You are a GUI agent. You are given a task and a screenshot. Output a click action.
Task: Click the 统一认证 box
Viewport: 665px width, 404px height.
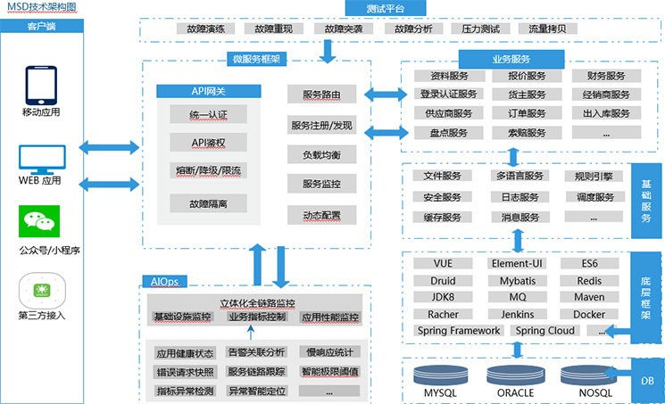[x=209, y=115]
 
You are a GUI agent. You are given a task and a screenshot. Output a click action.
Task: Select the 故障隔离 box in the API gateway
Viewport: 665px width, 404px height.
[x=209, y=203]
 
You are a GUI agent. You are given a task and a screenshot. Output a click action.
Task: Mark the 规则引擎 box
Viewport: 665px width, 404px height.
[x=593, y=176]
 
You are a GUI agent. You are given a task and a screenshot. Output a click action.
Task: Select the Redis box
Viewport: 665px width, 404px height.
[x=589, y=280]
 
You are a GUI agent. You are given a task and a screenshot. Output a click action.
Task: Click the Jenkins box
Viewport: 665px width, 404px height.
[x=518, y=314]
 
